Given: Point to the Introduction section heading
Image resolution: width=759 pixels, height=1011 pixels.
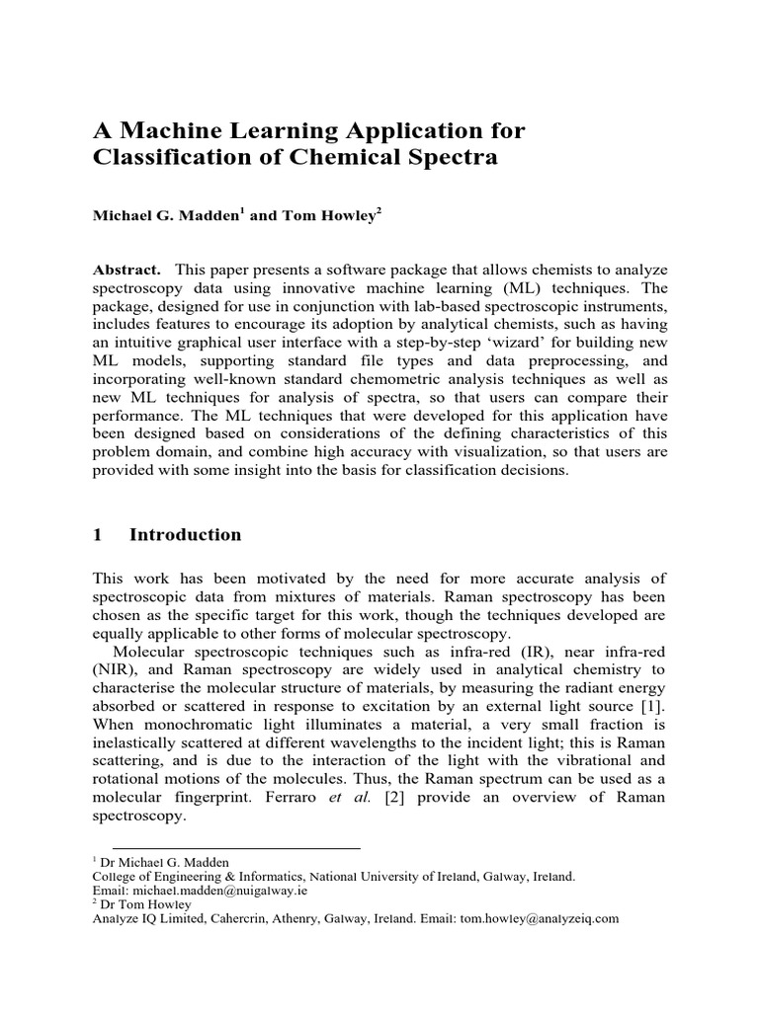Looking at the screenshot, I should point(185,535).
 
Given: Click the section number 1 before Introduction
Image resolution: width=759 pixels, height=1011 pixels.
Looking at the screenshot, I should point(98,535).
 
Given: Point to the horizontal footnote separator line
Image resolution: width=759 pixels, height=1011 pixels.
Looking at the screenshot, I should point(236,848).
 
